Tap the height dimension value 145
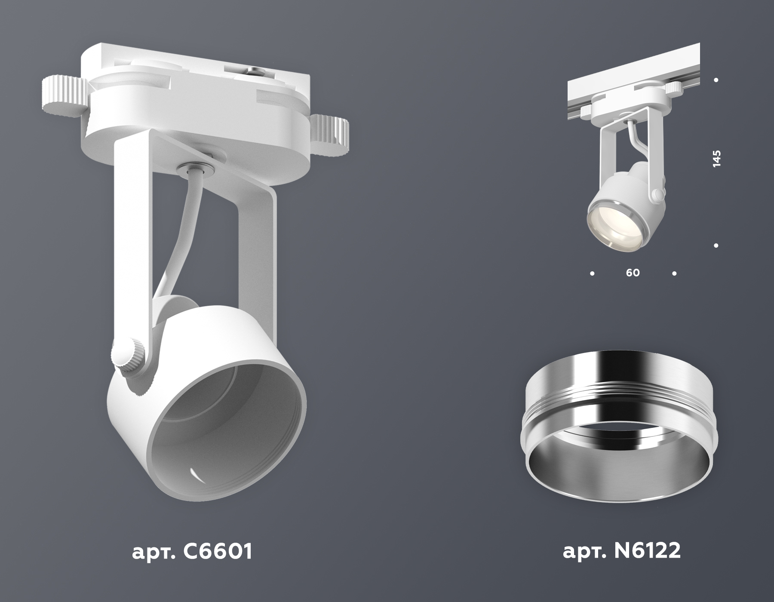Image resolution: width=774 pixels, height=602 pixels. coord(716,159)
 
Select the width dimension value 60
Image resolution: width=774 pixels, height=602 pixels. coord(633,273)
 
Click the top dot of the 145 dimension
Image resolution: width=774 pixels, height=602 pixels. coord(716,80)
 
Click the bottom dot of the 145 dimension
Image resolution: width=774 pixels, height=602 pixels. coord(716,246)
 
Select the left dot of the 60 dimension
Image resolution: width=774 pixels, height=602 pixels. coord(593,273)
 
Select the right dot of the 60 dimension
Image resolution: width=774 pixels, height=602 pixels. coord(674,273)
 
